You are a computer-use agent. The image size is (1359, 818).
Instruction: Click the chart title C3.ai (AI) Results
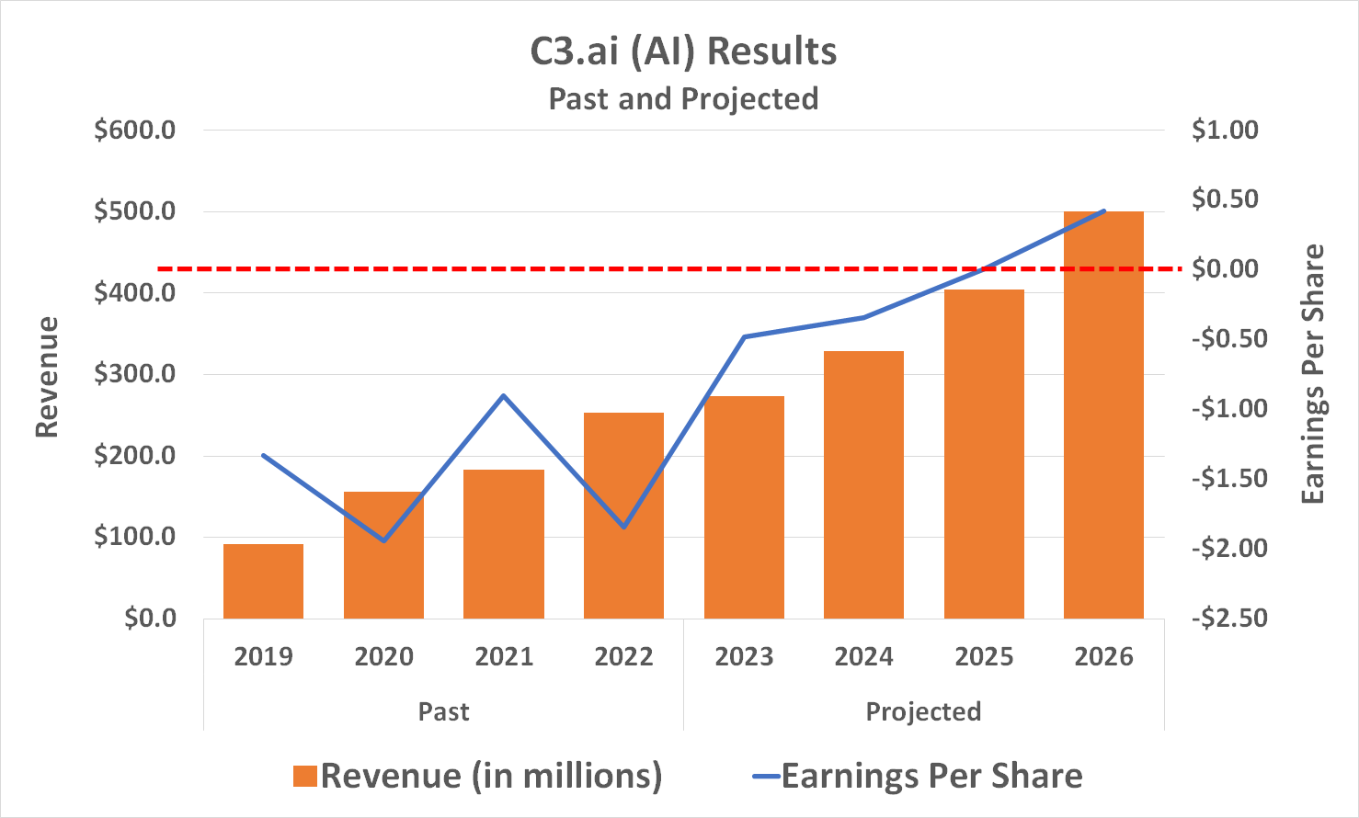tap(683, 51)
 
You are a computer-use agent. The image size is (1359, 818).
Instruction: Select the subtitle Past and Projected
tap(683, 98)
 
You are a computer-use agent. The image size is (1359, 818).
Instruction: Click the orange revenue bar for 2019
tap(263, 581)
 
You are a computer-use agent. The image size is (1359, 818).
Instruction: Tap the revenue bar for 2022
tap(623, 515)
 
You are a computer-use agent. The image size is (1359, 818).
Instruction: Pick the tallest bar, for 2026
tap(1103, 414)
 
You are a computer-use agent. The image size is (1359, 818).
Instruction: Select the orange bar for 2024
tap(863, 484)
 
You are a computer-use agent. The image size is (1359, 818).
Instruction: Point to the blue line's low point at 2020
tap(383, 540)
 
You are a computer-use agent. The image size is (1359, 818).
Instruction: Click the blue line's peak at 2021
tap(504, 395)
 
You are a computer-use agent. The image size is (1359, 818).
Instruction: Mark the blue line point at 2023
tap(744, 336)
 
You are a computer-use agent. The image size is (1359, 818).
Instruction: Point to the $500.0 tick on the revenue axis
tap(135, 211)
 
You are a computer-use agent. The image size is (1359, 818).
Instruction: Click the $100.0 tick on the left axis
tap(135, 537)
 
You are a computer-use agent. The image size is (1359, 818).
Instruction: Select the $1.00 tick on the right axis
tap(1225, 130)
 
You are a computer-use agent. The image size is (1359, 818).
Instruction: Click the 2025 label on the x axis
tap(984, 657)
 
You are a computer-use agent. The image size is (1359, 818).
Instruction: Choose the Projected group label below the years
tap(923, 711)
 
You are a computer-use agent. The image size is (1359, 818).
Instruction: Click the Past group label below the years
tap(443, 711)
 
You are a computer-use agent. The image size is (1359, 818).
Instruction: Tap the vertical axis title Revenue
tap(47, 377)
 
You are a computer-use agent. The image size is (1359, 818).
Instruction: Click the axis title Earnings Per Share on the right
tap(1313, 374)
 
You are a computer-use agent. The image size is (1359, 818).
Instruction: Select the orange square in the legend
tap(305, 777)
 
